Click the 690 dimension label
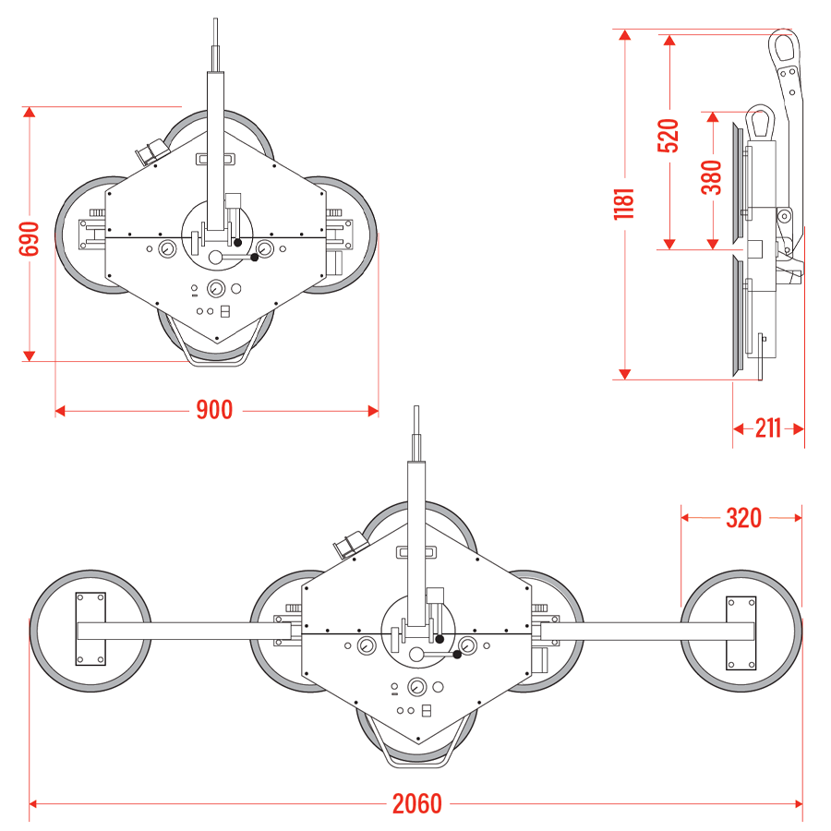pyautogui.click(x=30, y=239)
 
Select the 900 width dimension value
pyautogui.click(x=214, y=410)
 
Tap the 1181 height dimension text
pyautogui.click(x=625, y=204)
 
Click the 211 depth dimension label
pyautogui.click(x=767, y=428)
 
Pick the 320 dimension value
pyautogui.click(x=743, y=518)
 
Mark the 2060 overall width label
pyautogui.click(x=417, y=804)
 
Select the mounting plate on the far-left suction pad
pyautogui.click(x=90, y=629)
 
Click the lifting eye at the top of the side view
pyautogui.click(x=785, y=46)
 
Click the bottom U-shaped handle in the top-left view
pyautogui.click(x=216, y=357)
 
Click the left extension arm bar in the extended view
pyautogui.click(x=185, y=632)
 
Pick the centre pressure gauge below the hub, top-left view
pyautogui.click(x=217, y=287)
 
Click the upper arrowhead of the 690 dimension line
pyautogui.click(x=30, y=113)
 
